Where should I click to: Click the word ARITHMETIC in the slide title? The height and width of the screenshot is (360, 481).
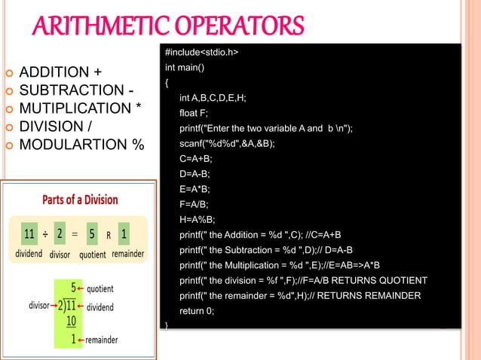tap(94, 28)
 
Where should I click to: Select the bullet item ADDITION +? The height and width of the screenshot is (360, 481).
tap(60, 73)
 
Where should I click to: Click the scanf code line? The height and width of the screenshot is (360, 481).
tap(227, 143)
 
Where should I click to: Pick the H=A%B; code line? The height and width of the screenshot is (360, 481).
tap(198, 219)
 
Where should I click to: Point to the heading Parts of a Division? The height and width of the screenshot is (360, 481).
tap(79, 200)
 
